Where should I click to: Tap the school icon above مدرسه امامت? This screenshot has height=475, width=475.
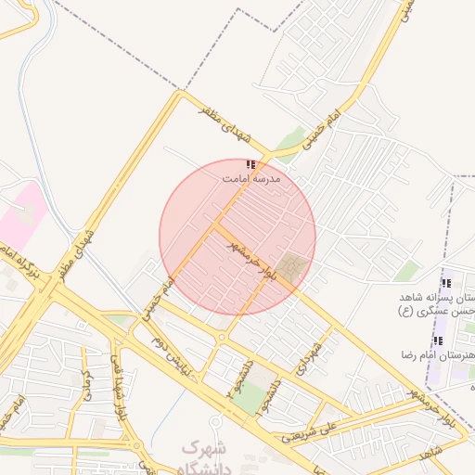click(x=250, y=163)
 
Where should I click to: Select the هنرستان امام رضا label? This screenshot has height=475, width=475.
click(x=438, y=356)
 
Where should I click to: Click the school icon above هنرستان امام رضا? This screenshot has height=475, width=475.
click(x=438, y=341)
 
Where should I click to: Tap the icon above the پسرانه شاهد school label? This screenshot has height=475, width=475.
click(x=446, y=283)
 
